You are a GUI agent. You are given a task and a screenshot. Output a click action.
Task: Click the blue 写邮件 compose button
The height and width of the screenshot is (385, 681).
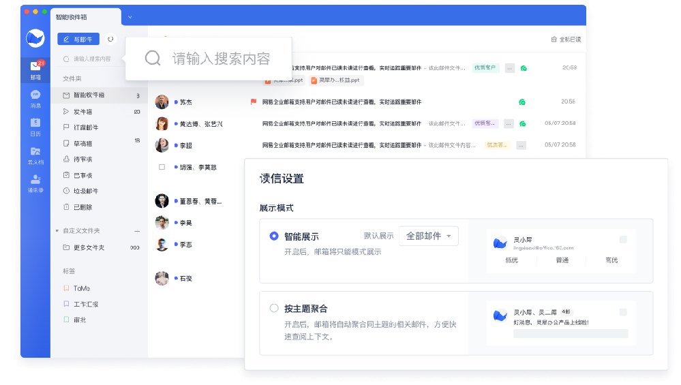pos(78,40)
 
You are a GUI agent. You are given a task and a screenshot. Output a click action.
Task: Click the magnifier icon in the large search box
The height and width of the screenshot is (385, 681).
pos(153,58)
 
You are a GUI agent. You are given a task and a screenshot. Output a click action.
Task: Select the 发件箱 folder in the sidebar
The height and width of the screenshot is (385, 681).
pos(82,111)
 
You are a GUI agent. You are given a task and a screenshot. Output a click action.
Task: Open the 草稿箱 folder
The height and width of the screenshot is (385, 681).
pos(82,143)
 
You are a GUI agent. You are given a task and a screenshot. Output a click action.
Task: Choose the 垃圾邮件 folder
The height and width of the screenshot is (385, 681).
pos(85,191)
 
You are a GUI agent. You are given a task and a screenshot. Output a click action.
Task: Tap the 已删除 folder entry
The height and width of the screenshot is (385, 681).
pos(82,206)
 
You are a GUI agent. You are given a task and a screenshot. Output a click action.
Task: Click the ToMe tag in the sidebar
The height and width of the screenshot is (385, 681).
pos(81,288)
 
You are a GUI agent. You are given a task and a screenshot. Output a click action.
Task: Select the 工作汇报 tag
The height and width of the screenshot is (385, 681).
pos(85,304)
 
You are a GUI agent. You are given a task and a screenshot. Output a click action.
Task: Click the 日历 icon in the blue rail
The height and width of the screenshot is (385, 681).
pos(35,123)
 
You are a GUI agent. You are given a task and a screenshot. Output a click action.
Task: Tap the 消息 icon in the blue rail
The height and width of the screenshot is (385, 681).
pos(35,95)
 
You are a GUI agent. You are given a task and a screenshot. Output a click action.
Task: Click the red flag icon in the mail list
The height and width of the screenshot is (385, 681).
pos(254,102)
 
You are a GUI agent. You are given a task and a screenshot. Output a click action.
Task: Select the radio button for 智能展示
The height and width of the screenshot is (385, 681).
pos(274,236)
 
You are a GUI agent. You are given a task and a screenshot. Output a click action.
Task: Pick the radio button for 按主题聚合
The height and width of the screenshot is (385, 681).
pos(274,308)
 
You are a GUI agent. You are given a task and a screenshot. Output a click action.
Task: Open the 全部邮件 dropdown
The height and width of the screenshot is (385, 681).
pos(428,236)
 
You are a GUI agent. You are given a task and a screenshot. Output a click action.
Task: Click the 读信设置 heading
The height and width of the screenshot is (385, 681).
pos(282,179)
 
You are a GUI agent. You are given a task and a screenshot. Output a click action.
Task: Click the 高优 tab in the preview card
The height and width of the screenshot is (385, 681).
pos(611,260)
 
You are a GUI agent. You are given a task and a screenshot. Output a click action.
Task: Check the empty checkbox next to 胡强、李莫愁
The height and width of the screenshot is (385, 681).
pos(162,167)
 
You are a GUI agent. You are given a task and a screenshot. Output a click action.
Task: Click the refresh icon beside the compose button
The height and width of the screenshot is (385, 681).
pos(111,40)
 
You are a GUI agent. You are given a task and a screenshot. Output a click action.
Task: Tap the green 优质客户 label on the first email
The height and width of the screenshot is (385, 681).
pos(485,67)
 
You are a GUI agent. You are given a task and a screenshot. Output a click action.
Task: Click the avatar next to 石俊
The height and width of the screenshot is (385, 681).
pos(162,278)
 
